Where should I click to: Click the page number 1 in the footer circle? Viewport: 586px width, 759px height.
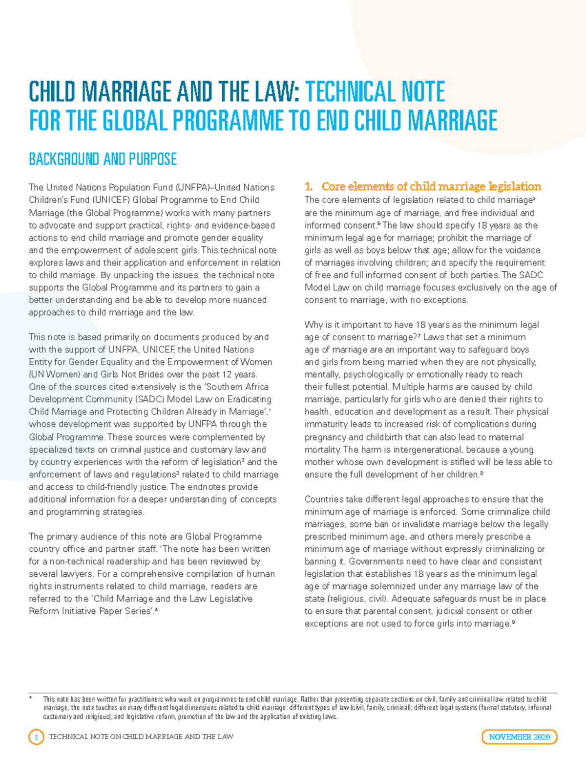[36, 737]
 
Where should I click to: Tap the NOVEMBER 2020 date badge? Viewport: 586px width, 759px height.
[519, 737]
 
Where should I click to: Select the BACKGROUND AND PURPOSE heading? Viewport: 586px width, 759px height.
[103, 159]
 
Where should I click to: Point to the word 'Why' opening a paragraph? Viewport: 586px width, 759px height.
[314, 325]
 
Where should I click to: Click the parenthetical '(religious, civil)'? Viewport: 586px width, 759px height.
[358, 599]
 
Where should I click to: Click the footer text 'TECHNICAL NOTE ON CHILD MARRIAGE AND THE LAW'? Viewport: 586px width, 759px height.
[141, 737]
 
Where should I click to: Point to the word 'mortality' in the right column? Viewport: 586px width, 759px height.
[322, 449]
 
